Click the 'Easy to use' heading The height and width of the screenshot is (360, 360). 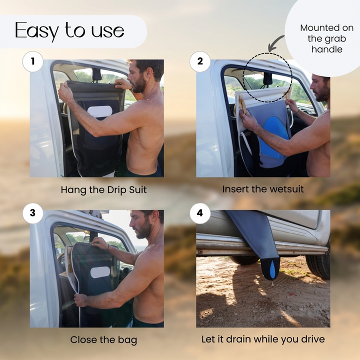[x=69, y=31]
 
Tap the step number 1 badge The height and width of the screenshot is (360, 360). [x=33, y=61]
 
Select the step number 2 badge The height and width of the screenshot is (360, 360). [x=200, y=61]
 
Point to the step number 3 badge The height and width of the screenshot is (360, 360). [x=33, y=213]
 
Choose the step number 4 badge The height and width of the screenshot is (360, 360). [x=200, y=213]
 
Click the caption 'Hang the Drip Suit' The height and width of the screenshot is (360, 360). [x=103, y=190]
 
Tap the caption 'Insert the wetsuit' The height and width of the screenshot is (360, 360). [x=263, y=189]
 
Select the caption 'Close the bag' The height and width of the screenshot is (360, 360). [x=103, y=340]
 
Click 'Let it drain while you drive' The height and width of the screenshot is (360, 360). [x=263, y=339]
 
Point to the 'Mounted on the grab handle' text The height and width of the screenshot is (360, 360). [x=326, y=38]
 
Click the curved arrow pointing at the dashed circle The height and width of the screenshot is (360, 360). [x=275, y=42]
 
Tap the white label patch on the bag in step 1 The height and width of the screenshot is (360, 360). [x=99, y=111]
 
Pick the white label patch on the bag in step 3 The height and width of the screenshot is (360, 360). [x=100, y=272]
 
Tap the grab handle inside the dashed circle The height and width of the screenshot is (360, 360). [x=267, y=79]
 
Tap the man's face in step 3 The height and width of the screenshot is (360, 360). [x=143, y=225]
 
